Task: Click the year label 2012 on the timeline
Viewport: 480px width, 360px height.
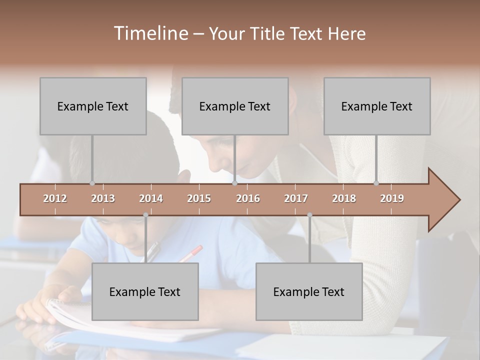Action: click(55, 198)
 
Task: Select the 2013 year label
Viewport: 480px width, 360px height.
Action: click(103, 198)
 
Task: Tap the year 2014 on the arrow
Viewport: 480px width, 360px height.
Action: click(151, 198)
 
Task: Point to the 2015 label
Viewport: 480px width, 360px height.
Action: click(199, 198)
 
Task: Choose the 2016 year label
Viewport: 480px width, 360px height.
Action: click(248, 198)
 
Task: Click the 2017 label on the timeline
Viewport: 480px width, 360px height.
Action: click(296, 198)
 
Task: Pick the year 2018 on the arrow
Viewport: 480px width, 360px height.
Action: click(344, 198)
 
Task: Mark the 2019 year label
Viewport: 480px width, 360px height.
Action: click(392, 198)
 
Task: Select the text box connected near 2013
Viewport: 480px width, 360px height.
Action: click(93, 106)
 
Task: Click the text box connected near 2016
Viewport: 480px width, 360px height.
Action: click(235, 106)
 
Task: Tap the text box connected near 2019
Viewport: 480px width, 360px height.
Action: click(377, 106)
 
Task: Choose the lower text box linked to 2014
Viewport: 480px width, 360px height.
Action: click(145, 291)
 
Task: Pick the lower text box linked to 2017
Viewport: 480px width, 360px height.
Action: click(309, 291)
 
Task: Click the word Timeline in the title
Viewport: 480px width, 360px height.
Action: click(150, 33)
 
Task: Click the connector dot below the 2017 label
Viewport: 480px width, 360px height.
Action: click(309, 215)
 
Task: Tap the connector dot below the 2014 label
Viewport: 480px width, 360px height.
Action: click(145, 215)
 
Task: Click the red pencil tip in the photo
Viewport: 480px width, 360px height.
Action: click(198, 248)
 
